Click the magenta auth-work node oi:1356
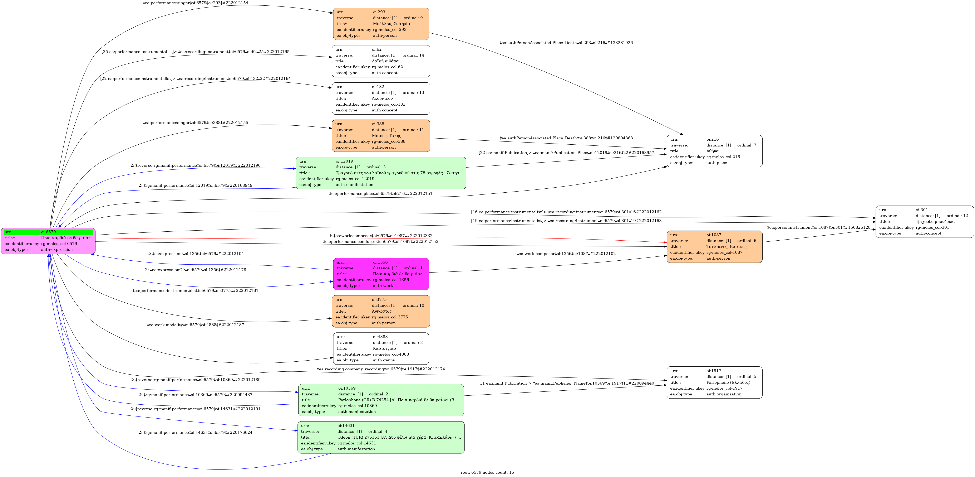point(381,274)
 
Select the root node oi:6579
point(48,241)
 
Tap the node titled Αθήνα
point(714,151)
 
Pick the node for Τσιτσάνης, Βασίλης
point(714,247)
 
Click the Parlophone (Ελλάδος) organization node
point(714,382)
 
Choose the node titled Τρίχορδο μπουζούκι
point(925,222)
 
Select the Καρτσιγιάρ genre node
point(381,348)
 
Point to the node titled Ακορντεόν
point(381,98)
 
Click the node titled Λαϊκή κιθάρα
point(381,61)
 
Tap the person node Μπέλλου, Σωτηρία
point(381,24)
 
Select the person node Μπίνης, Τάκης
point(381,136)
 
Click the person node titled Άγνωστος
point(381,312)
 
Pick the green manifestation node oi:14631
point(381,437)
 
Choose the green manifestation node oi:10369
point(381,400)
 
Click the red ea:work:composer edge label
point(381,236)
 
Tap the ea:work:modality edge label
point(195,325)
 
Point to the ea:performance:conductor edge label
point(381,242)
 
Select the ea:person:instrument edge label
point(819,227)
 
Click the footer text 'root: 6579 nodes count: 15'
point(487,472)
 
